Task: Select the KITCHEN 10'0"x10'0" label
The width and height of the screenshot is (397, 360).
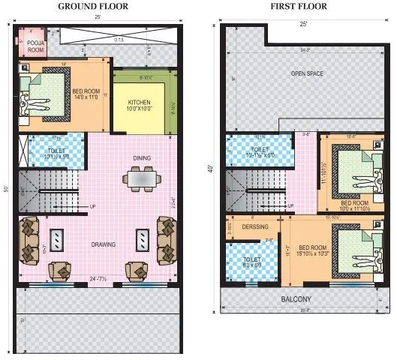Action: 140,105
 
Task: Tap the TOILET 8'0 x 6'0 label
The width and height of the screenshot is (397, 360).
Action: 251,263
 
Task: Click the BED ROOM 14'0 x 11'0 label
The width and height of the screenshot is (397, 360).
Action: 87,96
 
